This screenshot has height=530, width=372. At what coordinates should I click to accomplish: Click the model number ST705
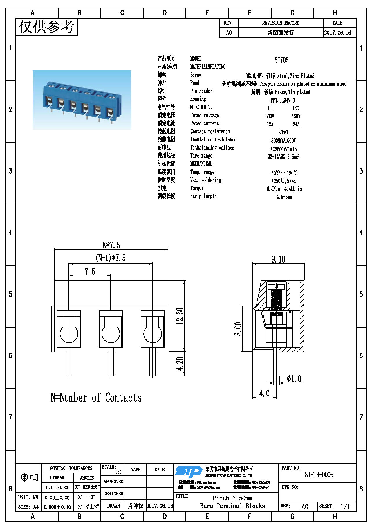(281, 60)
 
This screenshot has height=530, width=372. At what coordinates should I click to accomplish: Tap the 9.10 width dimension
(278, 259)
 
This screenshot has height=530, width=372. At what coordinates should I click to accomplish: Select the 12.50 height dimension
(180, 316)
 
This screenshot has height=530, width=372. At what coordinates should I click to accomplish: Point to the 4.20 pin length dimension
(180, 364)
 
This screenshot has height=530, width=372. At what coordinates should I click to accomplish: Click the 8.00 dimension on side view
(238, 329)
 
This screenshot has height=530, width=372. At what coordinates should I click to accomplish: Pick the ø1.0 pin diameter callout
(294, 379)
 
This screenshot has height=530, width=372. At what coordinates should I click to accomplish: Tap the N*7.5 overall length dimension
(111, 245)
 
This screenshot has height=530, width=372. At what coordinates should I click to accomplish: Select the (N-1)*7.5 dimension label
(111, 258)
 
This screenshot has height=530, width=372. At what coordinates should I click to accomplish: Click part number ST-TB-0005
(319, 475)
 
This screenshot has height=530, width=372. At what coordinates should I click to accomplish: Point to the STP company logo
(188, 472)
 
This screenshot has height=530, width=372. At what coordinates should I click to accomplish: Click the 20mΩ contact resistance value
(283, 132)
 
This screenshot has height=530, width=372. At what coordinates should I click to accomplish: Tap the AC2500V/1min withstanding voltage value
(283, 149)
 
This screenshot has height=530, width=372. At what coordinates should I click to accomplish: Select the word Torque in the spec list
(197, 188)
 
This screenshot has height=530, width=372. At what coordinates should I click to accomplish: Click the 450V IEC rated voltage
(296, 116)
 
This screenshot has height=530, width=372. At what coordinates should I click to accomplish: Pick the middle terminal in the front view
(111, 329)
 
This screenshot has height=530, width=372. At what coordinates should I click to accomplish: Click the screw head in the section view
(276, 286)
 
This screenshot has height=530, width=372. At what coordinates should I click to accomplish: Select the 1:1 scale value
(118, 472)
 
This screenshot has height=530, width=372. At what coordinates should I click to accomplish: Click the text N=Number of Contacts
(96, 398)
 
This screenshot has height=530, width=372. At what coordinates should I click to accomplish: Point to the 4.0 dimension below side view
(264, 393)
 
